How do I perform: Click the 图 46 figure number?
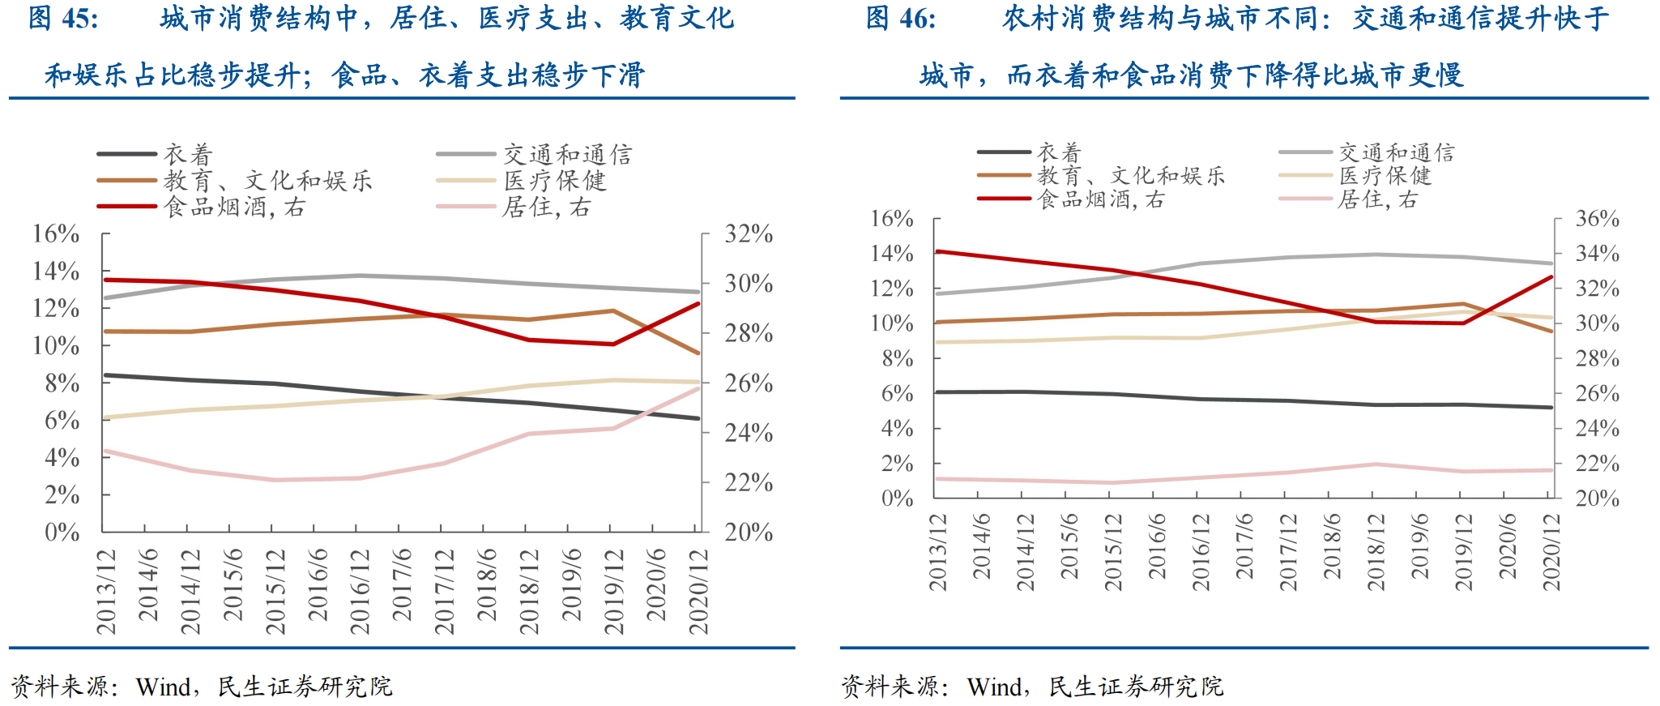(900, 18)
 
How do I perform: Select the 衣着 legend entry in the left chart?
(188, 154)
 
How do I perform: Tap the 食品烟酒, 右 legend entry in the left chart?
(234, 208)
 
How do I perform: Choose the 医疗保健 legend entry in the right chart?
(1385, 176)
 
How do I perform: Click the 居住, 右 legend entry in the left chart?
(546, 208)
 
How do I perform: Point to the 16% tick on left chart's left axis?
(56, 234)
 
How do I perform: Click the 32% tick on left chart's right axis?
(749, 234)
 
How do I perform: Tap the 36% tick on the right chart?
(1597, 219)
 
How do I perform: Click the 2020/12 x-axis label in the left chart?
(698, 591)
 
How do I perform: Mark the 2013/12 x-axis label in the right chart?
(938, 552)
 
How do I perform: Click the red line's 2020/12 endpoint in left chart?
(698, 304)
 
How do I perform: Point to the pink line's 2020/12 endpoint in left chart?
(698, 388)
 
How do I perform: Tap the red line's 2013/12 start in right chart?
(937, 251)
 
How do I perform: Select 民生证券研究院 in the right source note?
(1136, 687)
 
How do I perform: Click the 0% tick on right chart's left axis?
(897, 498)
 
